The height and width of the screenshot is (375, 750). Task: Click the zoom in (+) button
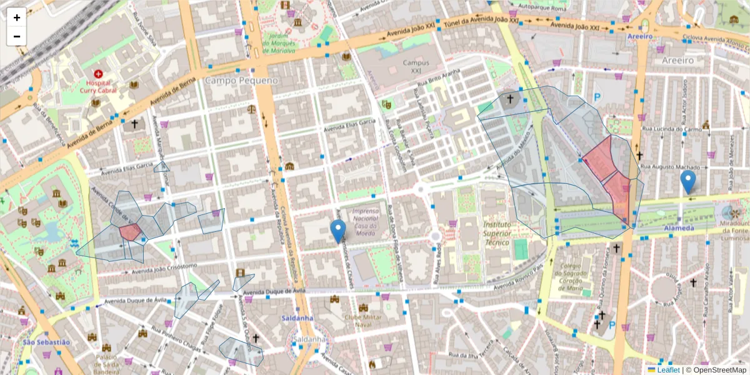pos(17,17)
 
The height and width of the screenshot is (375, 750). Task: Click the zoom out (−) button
pos(17,36)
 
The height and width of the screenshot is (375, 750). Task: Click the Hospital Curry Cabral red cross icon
pos(98,74)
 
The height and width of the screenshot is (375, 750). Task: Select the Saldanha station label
pos(297,317)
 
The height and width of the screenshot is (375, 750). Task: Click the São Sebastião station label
pos(46,342)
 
